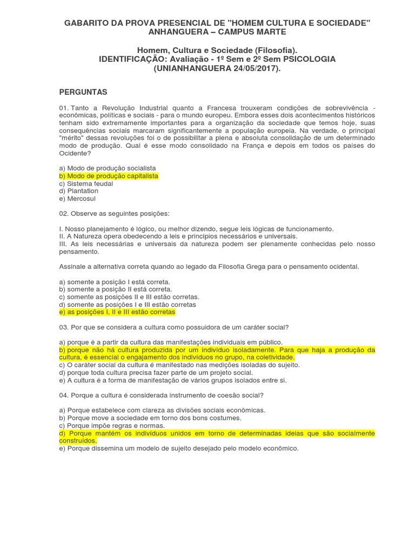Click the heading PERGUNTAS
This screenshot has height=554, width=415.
[83, 93]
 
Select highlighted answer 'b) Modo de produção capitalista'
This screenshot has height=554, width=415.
[109, 176]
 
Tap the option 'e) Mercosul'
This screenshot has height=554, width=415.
[79, 199]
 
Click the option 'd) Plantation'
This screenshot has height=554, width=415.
[79, 191]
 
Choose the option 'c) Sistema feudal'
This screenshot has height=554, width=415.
[86, 184]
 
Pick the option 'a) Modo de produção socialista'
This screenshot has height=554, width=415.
[108, 169]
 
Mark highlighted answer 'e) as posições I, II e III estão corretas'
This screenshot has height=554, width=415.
[117, 313]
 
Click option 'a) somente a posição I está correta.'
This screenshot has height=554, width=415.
[115, 282]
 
